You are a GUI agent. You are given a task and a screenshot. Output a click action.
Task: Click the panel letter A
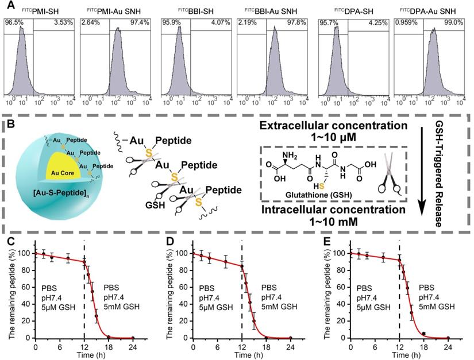point(7,7)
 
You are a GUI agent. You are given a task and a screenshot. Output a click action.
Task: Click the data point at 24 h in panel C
point(132,338)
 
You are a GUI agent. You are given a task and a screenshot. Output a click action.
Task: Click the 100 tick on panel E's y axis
point(340,253)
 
